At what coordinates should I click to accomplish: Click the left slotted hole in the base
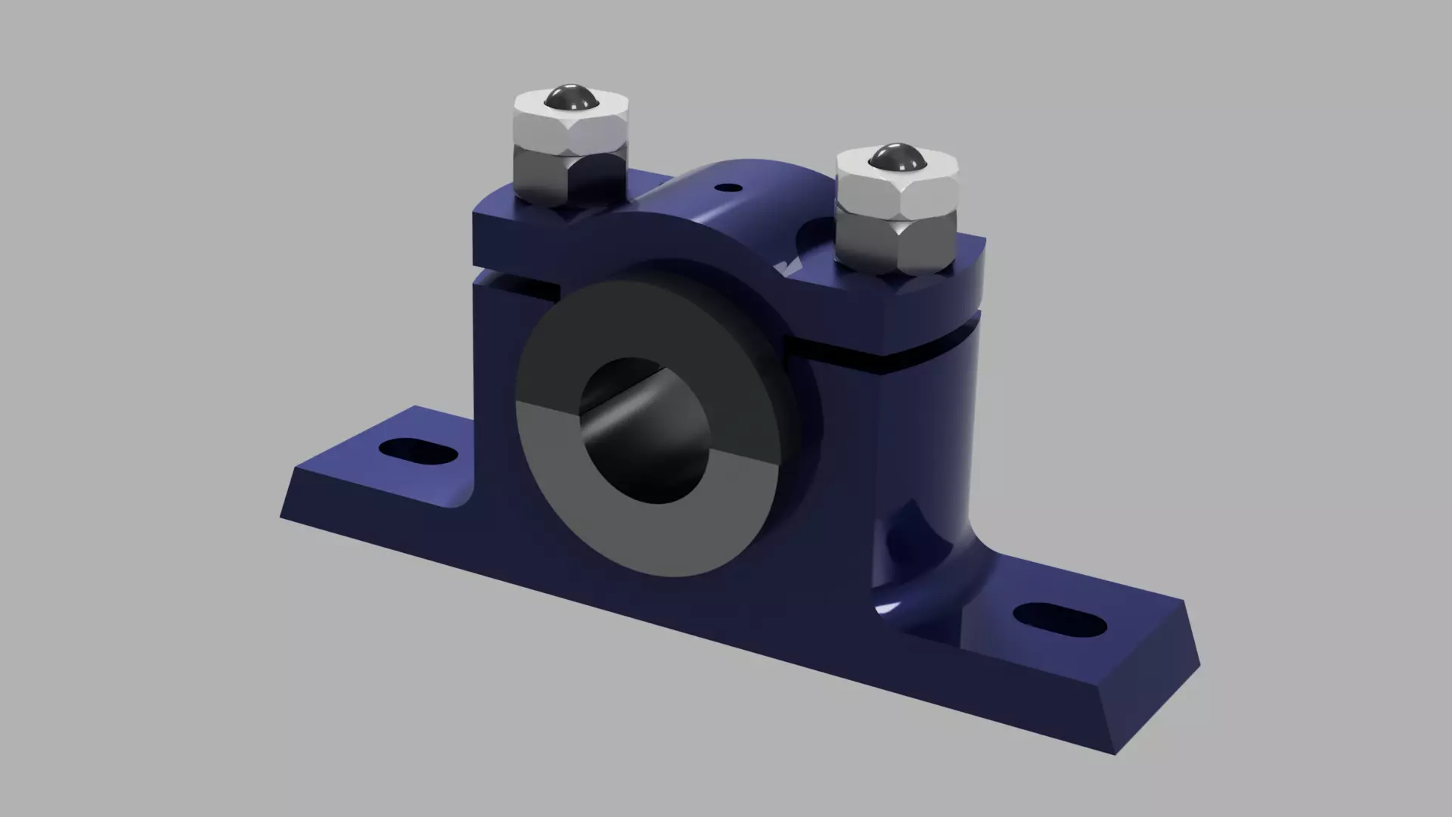[x=418, y=452]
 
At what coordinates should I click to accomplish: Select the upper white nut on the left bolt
[x=571, y=127]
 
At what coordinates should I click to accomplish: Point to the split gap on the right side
[x=892, y=356]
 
